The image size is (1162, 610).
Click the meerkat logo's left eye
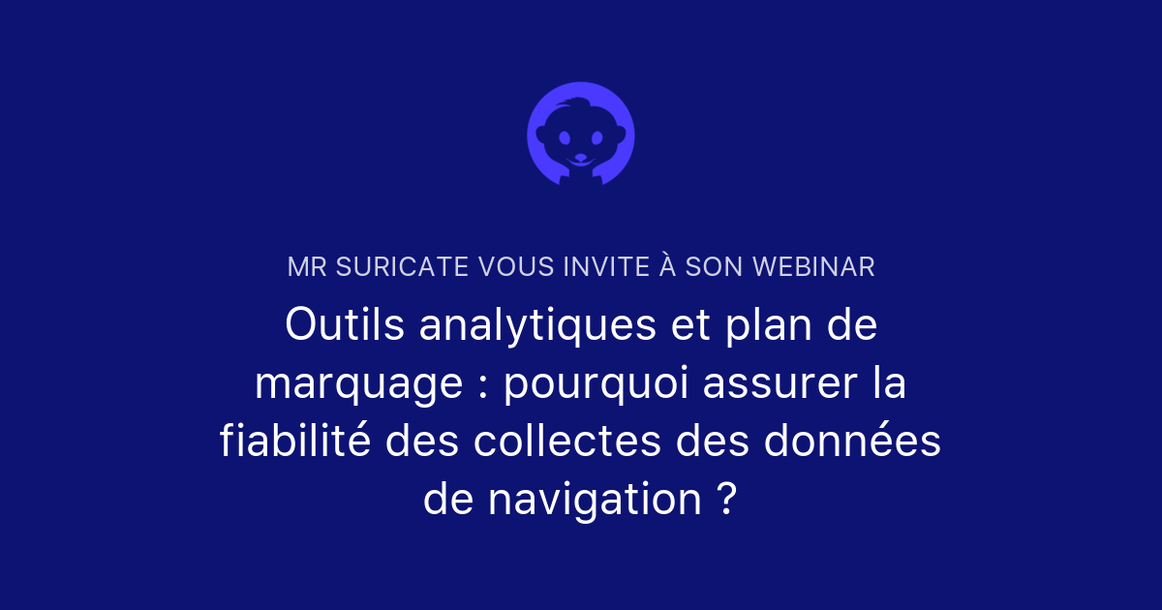pyautogui.click(x=565, y=137)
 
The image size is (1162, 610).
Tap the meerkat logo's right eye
pyautogui.click(x=597, y=137)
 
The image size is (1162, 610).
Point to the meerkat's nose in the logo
pyautogui.click(x=581, y=157)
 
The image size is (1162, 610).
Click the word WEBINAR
pyautogui.click(x=813, y=267)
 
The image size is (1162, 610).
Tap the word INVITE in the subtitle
pyautogui.click(x=606, y=267)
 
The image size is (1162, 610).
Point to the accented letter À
pyautogui.click(x=667, y=264)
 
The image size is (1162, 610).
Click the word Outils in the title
pyautogui.click(x=345, y=324)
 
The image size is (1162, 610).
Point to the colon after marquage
pyautogui.click(x=483, y=388)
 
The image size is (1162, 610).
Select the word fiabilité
pyautogui.click(x=295, y=441)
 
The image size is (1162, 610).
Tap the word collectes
pyautogui.click(x=567, y=441)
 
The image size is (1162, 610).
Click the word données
pyautogui.click(x=852, y=441)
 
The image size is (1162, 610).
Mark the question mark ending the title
pyautogui.click(x=728, y=498)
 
